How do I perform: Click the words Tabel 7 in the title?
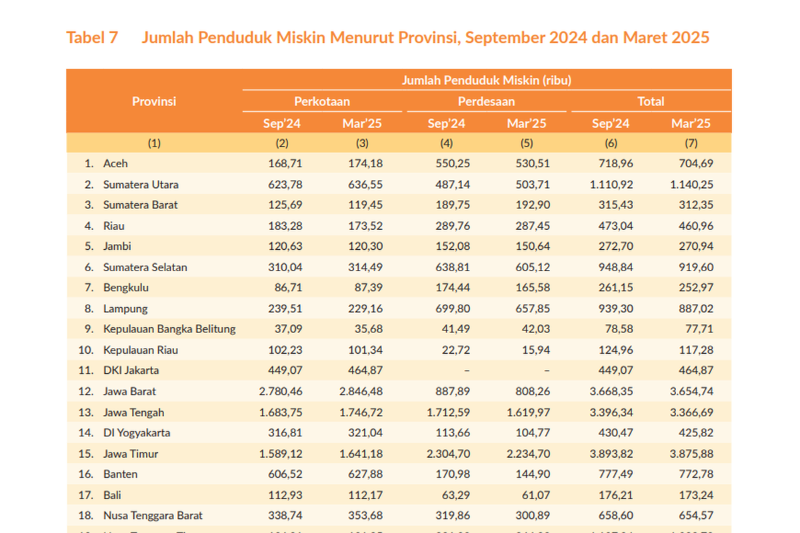[92, 37]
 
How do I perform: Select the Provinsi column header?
[154, 102]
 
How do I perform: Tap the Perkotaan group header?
[322, 102]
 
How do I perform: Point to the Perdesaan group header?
[486, 102]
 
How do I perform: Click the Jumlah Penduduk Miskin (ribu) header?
[486, 81]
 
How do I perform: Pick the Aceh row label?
[115, 163]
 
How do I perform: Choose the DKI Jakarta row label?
[131, 370]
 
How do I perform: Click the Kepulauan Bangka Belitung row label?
[169, 329]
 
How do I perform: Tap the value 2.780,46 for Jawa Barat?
[283, 391]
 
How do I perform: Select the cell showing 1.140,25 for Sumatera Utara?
[691, 185]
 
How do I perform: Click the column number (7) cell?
[691, 143]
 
